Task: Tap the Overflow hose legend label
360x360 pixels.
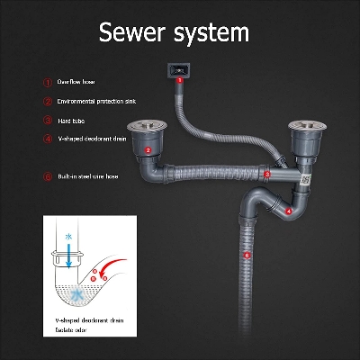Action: [x=76, y=82]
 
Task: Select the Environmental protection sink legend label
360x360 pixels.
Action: [x=94, y=102]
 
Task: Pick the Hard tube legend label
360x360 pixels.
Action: [x=72, y=120]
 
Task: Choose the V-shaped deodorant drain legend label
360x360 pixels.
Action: [x=91, y=139]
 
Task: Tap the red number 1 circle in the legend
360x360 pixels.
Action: [x=47, y=82]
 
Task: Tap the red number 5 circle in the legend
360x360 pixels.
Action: [x=47, y=176]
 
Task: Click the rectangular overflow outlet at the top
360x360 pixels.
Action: [x=178, y=67]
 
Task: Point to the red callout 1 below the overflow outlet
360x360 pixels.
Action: [x=179, y=80]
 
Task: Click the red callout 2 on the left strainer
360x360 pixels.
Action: [x=148, y=150]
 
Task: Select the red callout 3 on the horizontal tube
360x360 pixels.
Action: [x=267, y=173]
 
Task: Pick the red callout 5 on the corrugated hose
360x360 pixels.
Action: [x=247, y=256]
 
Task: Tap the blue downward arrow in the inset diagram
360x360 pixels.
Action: [x=69, y=251]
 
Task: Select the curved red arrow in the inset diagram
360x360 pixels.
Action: [x=113, y=265]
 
